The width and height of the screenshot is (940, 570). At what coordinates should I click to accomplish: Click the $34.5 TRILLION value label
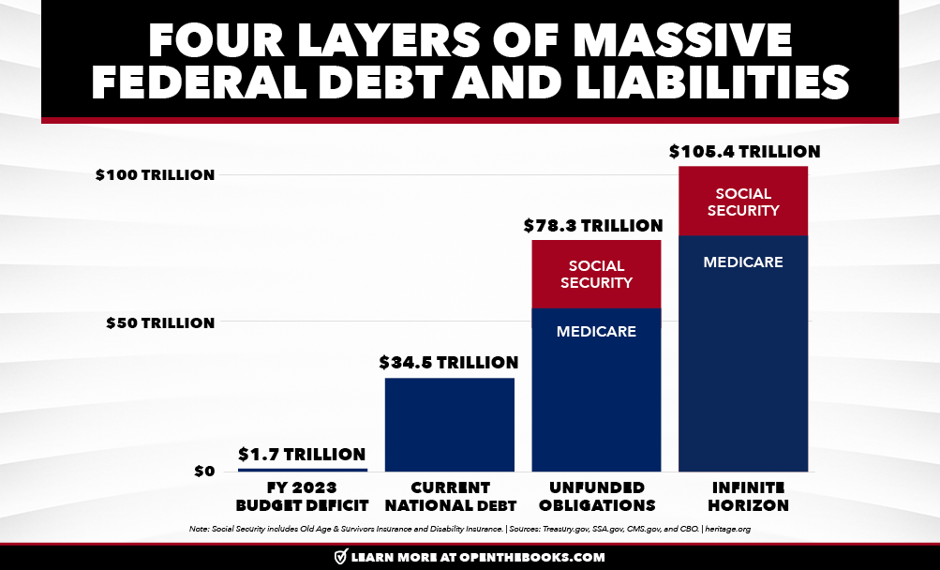click(448, 362)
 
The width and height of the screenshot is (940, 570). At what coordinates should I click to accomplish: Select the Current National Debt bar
click(449, 424)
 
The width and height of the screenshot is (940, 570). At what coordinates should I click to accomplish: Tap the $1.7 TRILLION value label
click(301, 455)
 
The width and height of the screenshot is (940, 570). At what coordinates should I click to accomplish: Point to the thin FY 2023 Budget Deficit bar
click(302, 469)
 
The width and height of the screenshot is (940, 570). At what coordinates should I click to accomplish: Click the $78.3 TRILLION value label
click(595, 226)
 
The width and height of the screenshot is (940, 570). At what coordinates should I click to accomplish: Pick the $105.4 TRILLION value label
click(744, 151)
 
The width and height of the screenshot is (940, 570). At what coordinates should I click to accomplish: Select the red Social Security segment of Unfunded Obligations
click(596, 274)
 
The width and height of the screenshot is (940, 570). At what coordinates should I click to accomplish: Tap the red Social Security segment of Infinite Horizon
click(743, 201)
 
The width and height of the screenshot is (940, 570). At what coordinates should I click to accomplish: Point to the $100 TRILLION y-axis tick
click(156, 175)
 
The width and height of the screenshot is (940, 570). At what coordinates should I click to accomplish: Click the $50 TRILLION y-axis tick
click(160, 322)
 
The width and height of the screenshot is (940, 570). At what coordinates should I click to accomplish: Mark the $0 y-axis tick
click(204, 471)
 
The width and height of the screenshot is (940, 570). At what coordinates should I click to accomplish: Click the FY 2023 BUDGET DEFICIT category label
click(301, 496)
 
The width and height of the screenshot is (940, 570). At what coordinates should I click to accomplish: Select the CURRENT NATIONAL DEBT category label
click(449, 496)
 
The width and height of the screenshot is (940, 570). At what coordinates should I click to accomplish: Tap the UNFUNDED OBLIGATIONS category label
click(596, 496)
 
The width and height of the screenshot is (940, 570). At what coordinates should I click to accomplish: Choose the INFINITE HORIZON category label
click(743, 496)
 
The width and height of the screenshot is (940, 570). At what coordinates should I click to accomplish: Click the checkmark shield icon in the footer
click(341, 557)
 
